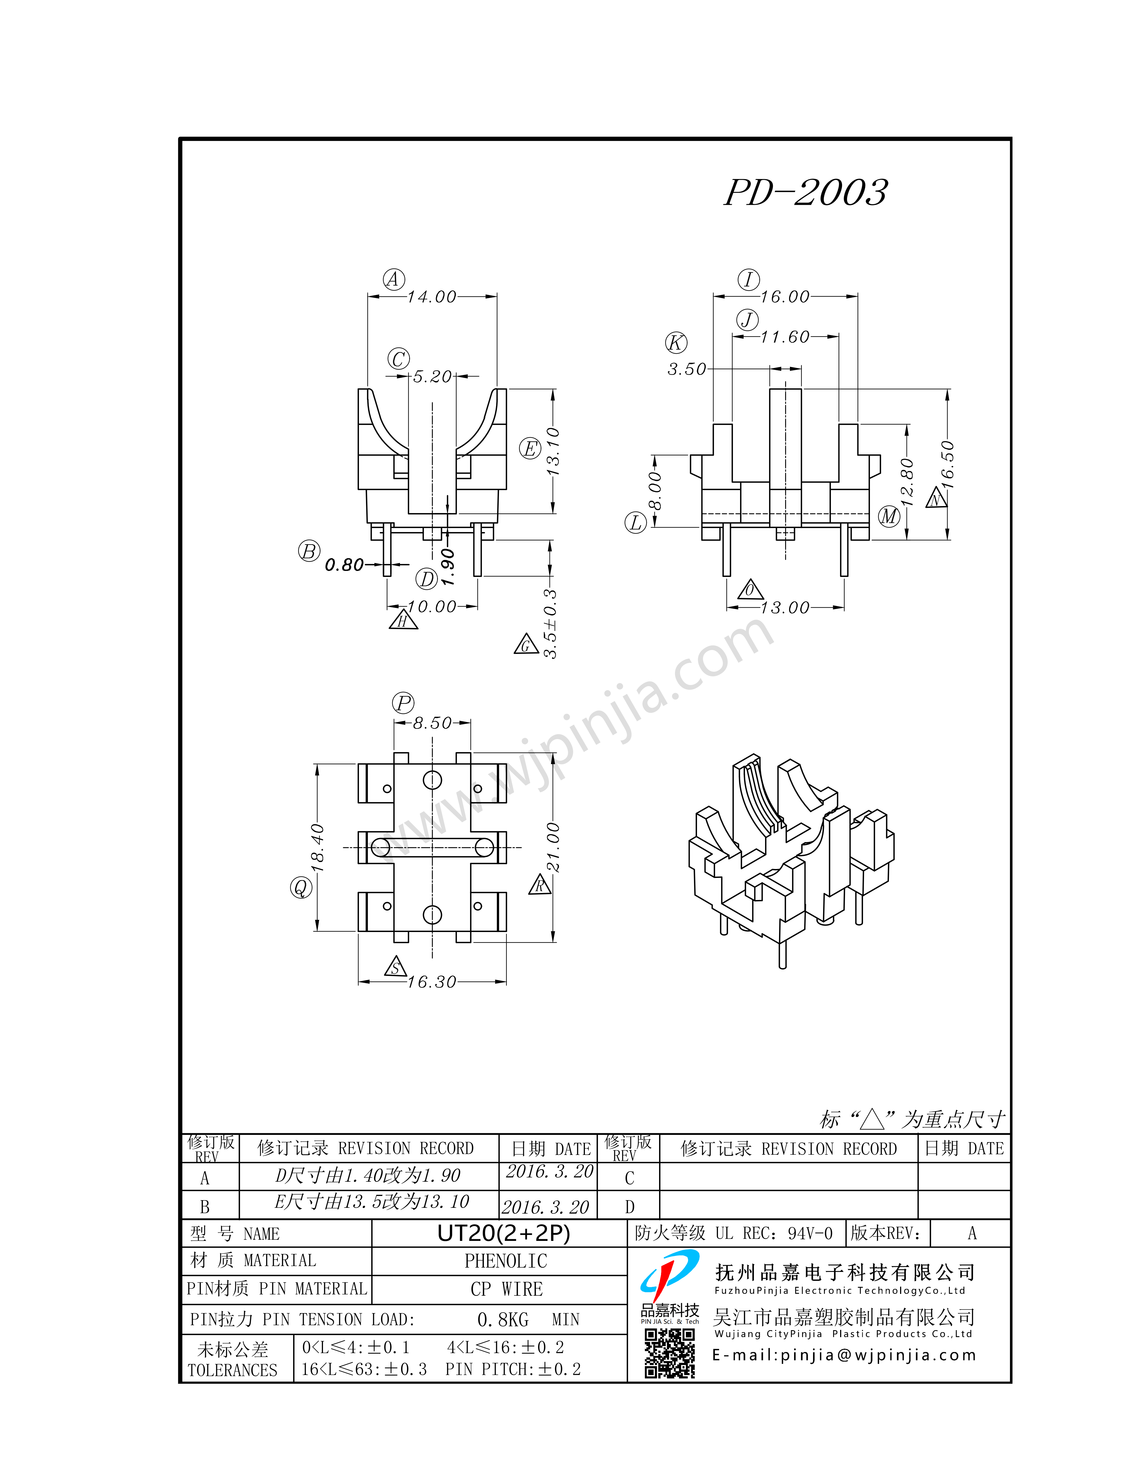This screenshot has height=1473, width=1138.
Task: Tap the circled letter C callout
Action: (398, 359)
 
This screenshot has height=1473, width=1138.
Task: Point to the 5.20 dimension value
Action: (432, 376)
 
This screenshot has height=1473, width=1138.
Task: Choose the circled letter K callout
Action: (676, 343)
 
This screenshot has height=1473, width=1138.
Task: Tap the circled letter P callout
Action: (403, 704)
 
